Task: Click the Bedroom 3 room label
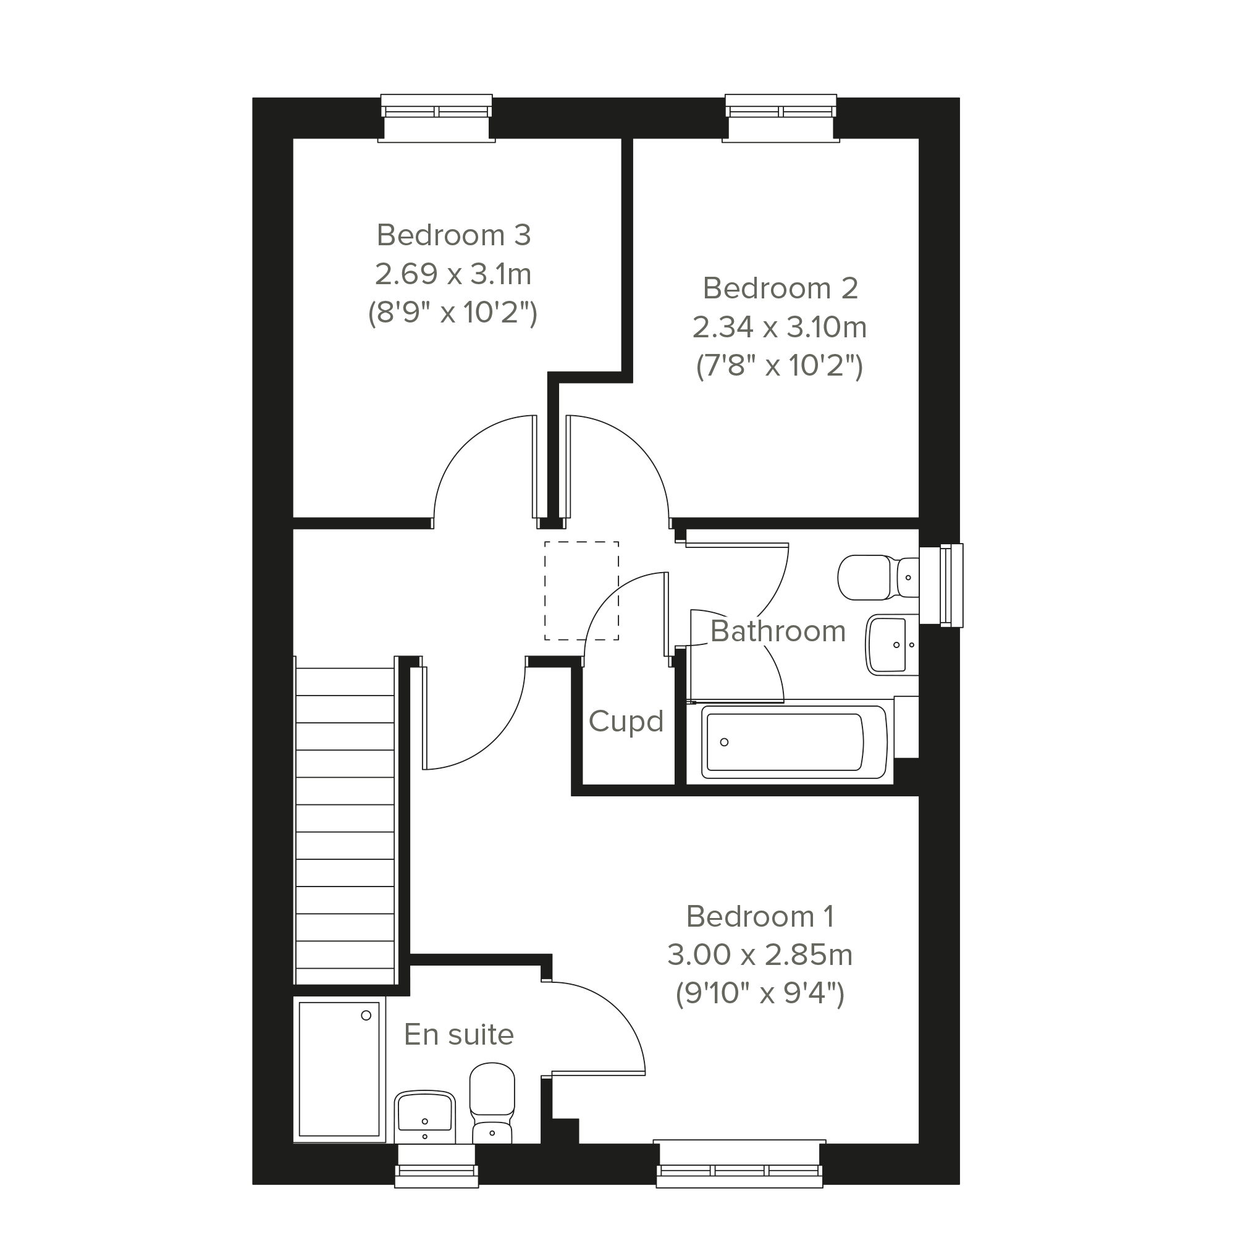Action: point(453,235)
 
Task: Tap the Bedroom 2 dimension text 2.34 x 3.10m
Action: point(780,327)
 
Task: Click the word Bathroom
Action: point(778,631)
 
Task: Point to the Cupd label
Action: point(626,722)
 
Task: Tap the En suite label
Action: point(458,1034)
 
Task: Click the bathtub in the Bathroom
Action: point(794,742)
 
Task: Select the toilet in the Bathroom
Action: point(878,577)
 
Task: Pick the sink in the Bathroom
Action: point(891,644)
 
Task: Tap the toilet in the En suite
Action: point(492,1103)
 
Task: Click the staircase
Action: point(345,821)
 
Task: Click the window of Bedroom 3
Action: point(436,118)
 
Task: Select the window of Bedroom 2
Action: point(781,118)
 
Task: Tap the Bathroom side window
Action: point(941,586)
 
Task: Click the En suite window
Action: point(436,1166)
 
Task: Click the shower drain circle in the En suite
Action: point(366,1015)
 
